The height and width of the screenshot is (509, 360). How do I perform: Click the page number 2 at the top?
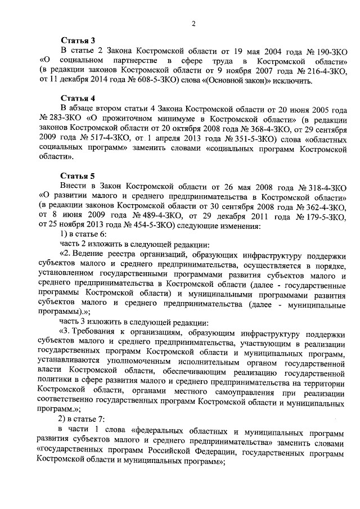coord(193,23)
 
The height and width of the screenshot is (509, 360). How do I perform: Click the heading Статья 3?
coord(78,41)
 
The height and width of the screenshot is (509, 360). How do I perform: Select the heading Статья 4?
coord(78,98)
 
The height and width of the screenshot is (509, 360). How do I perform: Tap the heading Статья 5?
coord(78,175)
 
